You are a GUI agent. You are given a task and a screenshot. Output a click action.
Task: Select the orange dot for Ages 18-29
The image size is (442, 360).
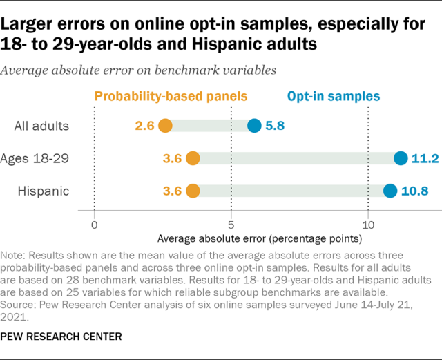(193, 158)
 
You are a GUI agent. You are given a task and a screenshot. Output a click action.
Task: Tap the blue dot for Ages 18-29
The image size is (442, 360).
(401, 158)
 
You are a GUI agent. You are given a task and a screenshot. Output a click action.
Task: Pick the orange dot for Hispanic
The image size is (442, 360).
(193, 191)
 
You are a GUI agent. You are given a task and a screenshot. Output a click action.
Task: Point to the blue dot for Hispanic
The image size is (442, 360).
(390, 191)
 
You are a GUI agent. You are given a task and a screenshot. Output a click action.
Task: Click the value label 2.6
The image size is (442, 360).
(144, 126)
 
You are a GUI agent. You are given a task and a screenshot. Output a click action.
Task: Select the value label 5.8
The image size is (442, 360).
(276, 126)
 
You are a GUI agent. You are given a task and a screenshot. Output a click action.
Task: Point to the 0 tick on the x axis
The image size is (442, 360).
(95, 225)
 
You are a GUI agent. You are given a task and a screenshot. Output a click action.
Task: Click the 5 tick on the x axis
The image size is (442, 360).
(231, 225)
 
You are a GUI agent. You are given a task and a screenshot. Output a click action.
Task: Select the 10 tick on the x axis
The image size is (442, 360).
(368, 225)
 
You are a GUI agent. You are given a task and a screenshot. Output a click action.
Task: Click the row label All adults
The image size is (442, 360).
(42, 126)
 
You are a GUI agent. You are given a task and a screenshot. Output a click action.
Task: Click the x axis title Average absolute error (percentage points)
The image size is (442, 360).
(259, 239)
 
